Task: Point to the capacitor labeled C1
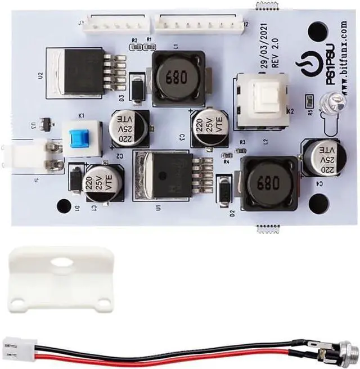pos(103,182)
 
